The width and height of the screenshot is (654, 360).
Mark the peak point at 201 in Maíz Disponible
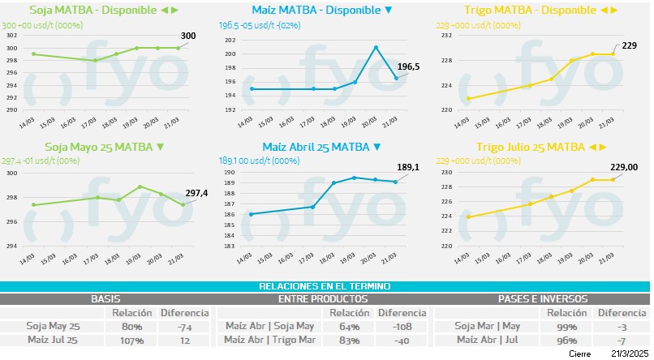pyautogui.click(x=376, y=47)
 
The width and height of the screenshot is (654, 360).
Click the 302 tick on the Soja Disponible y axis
pyautogui.click(x=11, y=36)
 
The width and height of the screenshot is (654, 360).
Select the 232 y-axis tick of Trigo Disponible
pyautogui.click(x=445, y=36)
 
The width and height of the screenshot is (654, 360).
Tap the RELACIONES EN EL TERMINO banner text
pyautogui.click(x=325, y=286)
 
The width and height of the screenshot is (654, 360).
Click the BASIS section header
pyautogui.click(x=107, y=298)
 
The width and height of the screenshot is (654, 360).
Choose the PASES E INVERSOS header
pyautogui.click(x=541, y=298)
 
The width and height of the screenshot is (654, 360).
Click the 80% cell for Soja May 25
pyautogui.click(x=132, y=327)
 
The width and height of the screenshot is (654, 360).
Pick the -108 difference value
pyautogui.click(x=402, y=327)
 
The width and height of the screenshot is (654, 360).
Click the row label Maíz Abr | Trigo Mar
pyautogui.click(x=269, y=341)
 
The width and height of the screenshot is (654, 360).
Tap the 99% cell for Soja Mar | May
pyautogui.click(x=567, y=327)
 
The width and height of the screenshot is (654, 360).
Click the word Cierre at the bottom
pyautogui.click(x=579, y=354)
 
